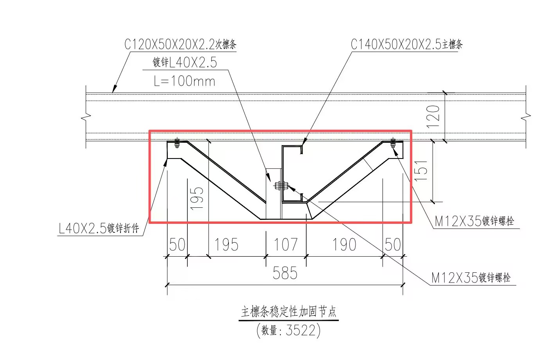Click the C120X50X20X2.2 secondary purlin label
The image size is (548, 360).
(x=180, y=44)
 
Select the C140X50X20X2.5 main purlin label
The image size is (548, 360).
(x=406, y=44)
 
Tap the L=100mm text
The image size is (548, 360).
(x=185, y=81)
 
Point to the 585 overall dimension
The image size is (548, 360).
(x=285, y=273)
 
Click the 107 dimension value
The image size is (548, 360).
(x=286, y=244)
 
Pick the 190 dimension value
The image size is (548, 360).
(x=344, y=244)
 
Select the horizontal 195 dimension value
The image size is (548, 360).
(x=226, y=244)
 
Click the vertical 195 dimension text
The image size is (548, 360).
(x=197, y=198)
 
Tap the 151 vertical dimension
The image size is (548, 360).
(x=421, y=171)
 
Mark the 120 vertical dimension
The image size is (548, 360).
(x=433, y=117)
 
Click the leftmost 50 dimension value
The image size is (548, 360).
(x=177, y=244)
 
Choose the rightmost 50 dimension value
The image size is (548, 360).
(x=393, y=244)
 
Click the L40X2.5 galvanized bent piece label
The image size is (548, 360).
(x=99, y=229)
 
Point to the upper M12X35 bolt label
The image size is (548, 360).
(x=474, y=221)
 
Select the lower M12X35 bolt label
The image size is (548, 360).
(x=471, y=277)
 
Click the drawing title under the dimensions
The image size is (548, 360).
(x=289, y=312)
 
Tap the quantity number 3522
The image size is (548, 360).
(x=301, y=330)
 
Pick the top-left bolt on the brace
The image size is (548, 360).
(x=177, y=143)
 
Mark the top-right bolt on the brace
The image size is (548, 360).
(x=393, y=143)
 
